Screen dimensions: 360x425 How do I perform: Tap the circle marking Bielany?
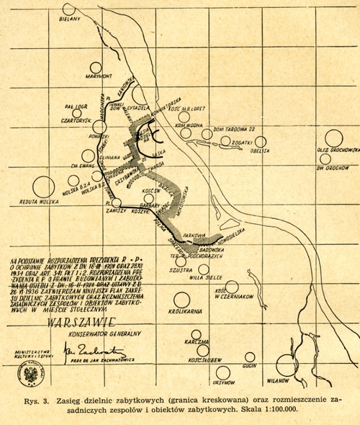[x=70, y=9]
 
